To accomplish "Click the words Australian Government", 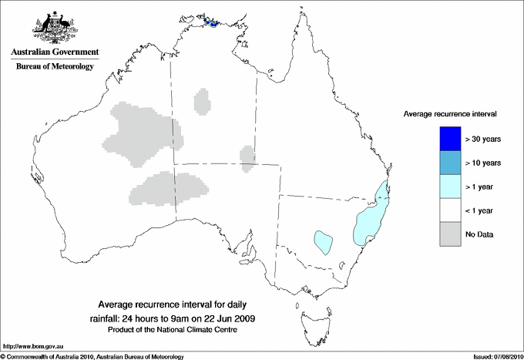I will pyautogui.click(x=52, y=52).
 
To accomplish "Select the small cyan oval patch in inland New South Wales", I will pyautogui.click(x=324, y=241).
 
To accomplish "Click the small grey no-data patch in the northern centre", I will pyautogui.click(x=203, y=101).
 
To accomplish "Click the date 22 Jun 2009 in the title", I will pyautogui.click(x=230, y=318).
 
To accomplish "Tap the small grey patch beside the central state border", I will pyautogui.click(x=247, y=155).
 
